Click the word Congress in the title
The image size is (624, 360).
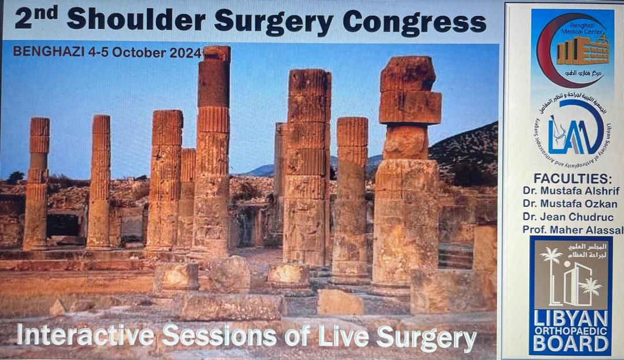click(414, 21)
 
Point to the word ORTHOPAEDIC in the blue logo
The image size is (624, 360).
click(570, 330)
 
